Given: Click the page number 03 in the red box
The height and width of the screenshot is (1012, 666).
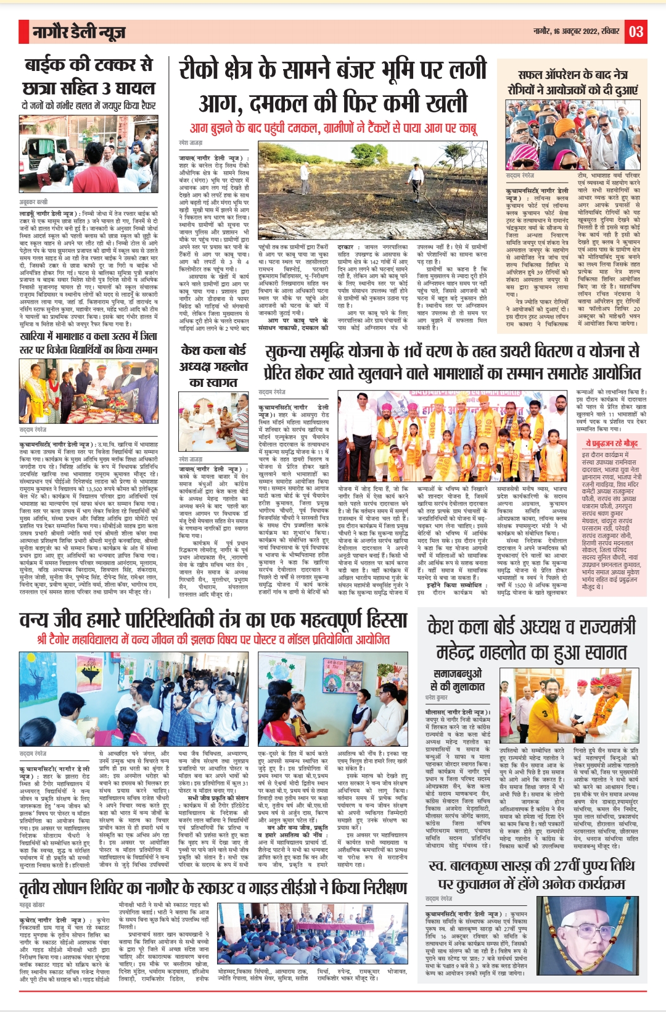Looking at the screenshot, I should pyautogui.click(x=636, y=31).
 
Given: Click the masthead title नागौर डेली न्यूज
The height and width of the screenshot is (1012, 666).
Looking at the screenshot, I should pyautogui.click(x=78, y=32).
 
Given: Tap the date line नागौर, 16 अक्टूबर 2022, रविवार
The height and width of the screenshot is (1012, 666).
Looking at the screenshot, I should pyautogui.click(x=577, y=31).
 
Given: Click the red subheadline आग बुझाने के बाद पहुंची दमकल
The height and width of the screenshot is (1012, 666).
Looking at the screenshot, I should pyautogui.click(x=333, y=128).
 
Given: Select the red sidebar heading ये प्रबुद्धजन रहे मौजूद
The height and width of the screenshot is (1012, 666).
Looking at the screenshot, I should pyautogui.click(x=612, y=443).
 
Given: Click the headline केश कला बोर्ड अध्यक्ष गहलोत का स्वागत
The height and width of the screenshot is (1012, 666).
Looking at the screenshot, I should pyautogui.click(x=213, y=366).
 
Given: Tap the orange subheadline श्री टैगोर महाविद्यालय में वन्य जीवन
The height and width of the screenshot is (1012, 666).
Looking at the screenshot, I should pyautogui.click(x=213, y=639).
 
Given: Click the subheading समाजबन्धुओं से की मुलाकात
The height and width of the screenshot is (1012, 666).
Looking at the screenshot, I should pyautogui.click(x=458, y=679).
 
